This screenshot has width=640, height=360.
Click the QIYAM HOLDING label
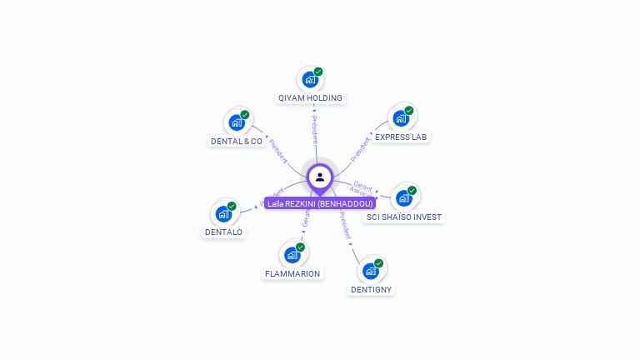[x=310, y=97]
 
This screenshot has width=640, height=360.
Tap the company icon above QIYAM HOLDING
[x=310, y=80]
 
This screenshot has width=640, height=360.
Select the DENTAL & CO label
[x=237, y=141]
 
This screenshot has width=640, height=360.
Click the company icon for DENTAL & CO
[x=237, y=123]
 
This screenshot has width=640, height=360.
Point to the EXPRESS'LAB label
[x=401, y=137]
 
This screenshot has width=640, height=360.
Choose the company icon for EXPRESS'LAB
[x=401, y=118]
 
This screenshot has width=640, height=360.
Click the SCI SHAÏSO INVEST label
[x=405, y=217]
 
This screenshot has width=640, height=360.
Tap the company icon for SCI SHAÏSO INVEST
[x=404, y=198]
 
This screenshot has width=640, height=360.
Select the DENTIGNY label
[x=371, y=289]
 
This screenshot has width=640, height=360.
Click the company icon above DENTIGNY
[x=371, y=271]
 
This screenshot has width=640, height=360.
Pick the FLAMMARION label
[x=292, y=273]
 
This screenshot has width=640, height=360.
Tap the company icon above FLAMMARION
[x=292, y=255]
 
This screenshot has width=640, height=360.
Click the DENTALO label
[x=224, y=232]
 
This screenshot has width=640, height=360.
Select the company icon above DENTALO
[x=223, y=214]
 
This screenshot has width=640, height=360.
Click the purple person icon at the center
[x=320, y=177]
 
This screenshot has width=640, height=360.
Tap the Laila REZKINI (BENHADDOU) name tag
[x=320, y=202]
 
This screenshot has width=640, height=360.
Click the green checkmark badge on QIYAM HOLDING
[x=318, y=72]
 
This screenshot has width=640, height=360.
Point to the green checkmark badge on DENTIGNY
[x=379, y=263]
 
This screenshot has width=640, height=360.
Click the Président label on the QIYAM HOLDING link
[x=315, y=130]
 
